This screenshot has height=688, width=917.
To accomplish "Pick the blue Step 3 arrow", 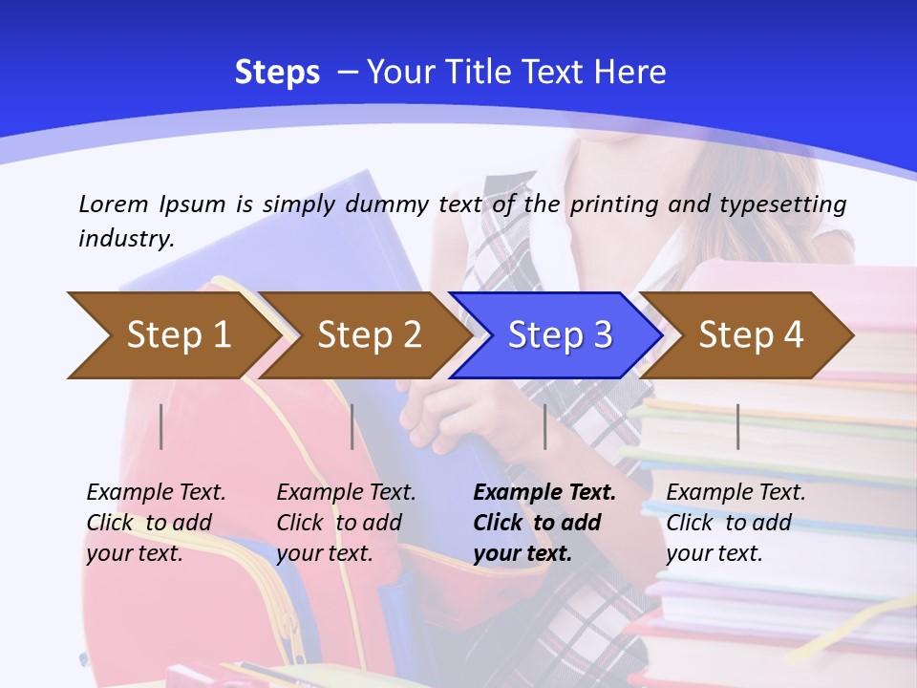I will pyautogui.click(x=560, y=335).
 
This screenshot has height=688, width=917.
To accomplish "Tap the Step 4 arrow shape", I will pyautogui.click(x=751, y=335).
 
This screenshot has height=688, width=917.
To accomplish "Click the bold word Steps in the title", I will pyautogui.click(x=277, y=73).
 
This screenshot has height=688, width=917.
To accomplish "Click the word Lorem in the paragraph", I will pyautogui.click(x=113, y=204).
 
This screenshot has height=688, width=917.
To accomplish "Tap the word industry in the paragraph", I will pyautogui.click(x=126, y=238).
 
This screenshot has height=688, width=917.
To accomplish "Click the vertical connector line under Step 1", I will pyautogui.click(x=161, y=426).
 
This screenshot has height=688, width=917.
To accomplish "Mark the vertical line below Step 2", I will pyautogui.click(x=352, y=426).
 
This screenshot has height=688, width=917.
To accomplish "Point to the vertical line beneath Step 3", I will pyautogui.click(x=544, y=426).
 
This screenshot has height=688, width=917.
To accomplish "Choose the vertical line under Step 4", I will pyautogui.click(x=737, y=426).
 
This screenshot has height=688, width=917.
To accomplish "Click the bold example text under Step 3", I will pyautogui.click(x=544, y=523).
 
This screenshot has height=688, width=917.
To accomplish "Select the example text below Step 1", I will pyautogui.click(x=156, y=523).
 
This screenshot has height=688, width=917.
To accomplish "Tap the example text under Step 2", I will pyautogui.click(x=346, y=523).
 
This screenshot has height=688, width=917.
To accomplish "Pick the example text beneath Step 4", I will pyautogui.click(x=736, y=523).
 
